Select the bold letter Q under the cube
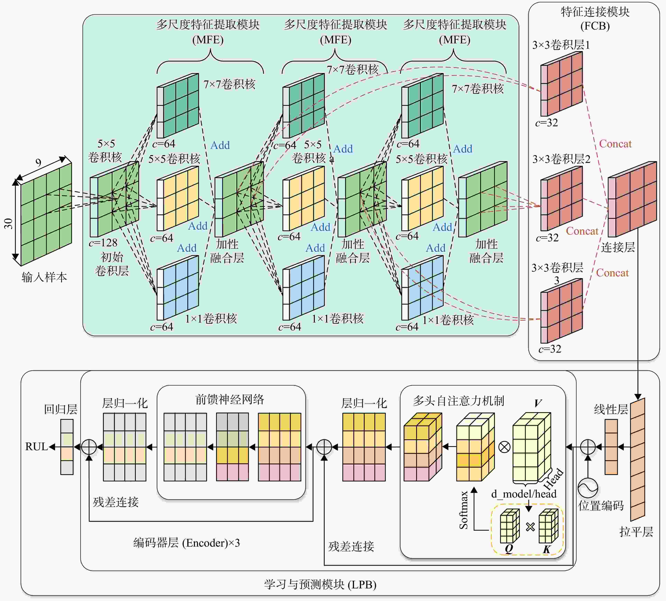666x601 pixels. [x=509, y=548]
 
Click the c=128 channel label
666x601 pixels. [x=103, y=243]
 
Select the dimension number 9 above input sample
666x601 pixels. [x=38, y=163]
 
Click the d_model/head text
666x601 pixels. [x=524, y=494]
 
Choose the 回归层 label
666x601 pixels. [x=61, y=409]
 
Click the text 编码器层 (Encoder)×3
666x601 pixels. [x=187, y=543]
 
